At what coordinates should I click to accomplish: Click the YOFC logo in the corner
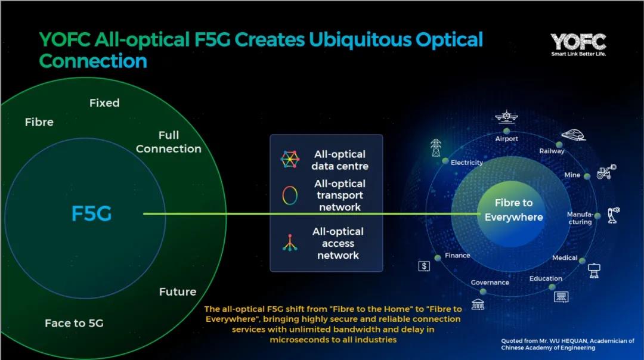pyautogui.click(x=578, y=44)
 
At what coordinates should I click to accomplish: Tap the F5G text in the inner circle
pyautogui.click(x=91, y=213)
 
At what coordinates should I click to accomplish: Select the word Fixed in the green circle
pyautogui.click(x=104, y=103)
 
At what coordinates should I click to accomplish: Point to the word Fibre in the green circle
pyautogui.click(x=39, y=122)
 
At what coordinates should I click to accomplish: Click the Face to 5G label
pyautogui.click(x=74, y=323)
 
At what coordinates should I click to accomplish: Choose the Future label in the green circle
pyautogui.click(x=178, y=292)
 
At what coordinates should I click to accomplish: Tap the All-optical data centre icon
pyautogui.click(x=290, y=159)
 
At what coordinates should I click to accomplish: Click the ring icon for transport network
pyautogui.click(x=290, y=195)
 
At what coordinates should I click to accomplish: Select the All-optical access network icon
pyautogui.click(x=290, y=243)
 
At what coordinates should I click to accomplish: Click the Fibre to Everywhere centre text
pyautogui.click(x=514, y=210)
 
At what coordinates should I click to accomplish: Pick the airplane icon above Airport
pyautogui.click(x=506, y=117)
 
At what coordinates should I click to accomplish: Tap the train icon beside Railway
pyautogui.click(x=574, y=135)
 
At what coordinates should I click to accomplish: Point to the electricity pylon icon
pyautogui.click(x=436, y=148)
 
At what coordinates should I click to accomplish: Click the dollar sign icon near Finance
pyautogui.click(x=424, y=266)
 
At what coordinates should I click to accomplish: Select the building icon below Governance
pyautogui.click(x=478, y=304)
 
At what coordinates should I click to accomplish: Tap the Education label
pyautogui.click(x=546, y=278)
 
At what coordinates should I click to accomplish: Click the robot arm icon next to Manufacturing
pyautogui.click(x=614, y=215)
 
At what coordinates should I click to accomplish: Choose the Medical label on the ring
pyautogui.click(x=565, y=258)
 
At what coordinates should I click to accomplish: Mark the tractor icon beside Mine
pyautogui.click(x=606, y=172)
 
